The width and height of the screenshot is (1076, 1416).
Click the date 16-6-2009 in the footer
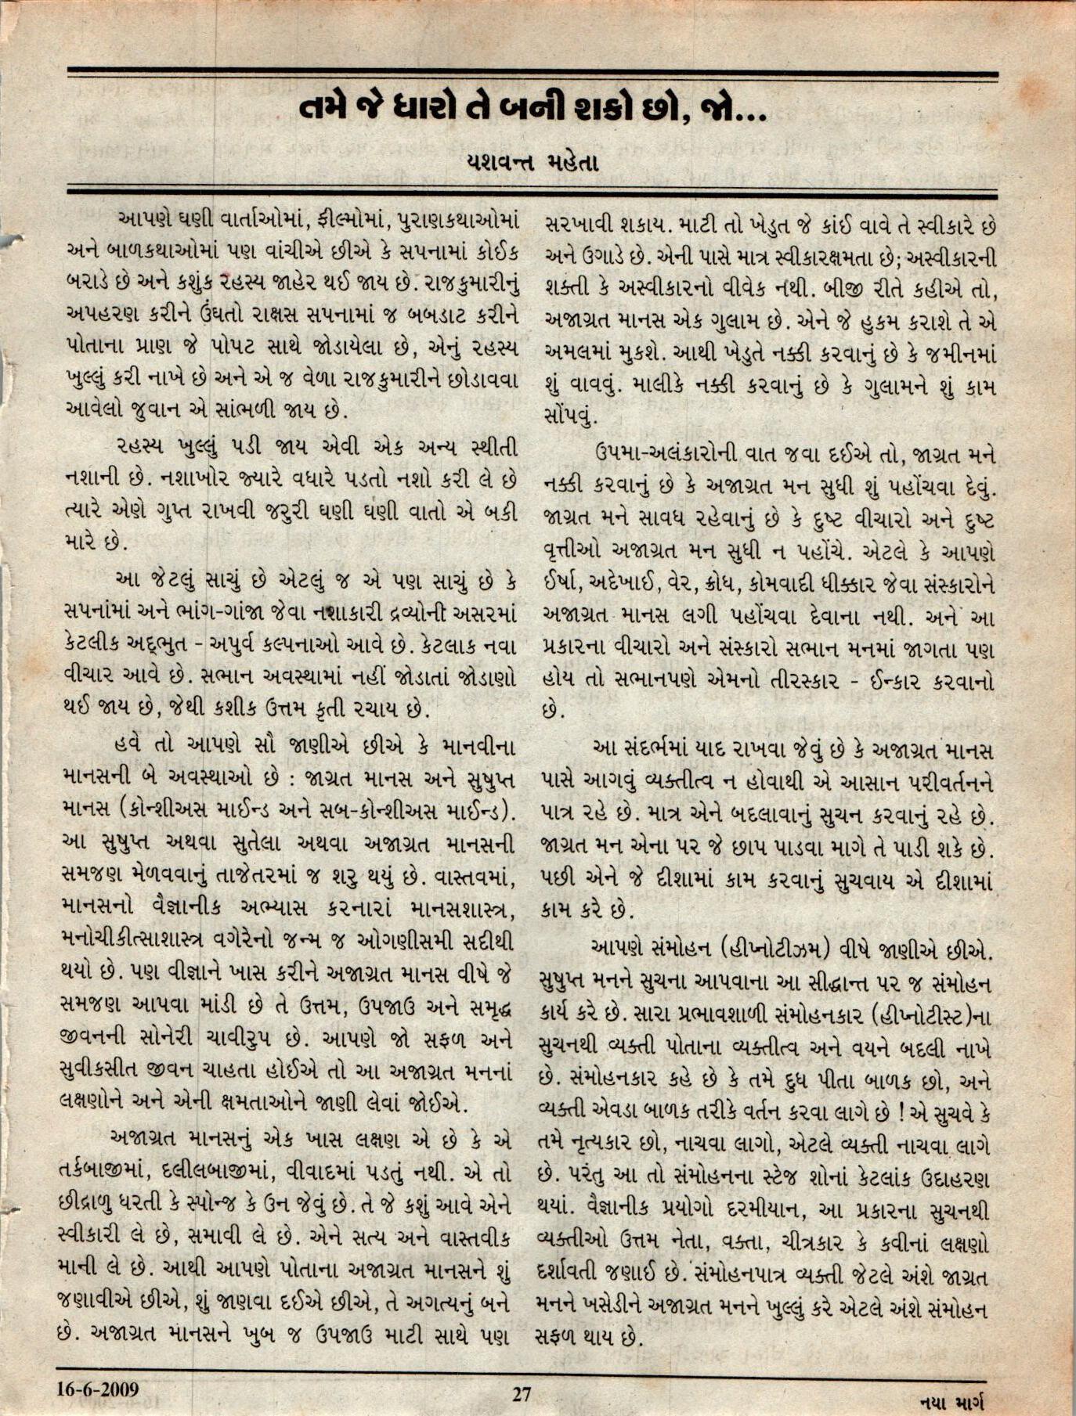pyautogui.click(x=98, y=1389)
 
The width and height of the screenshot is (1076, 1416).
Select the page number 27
pyautogui.click(x=522, y=1393)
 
